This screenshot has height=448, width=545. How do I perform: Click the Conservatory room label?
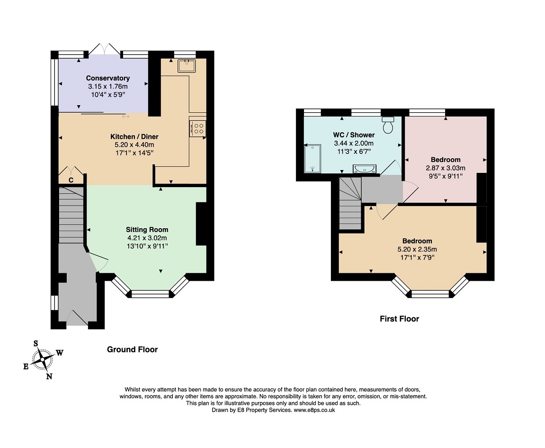[108, 78]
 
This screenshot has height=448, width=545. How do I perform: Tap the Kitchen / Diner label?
[134, 136]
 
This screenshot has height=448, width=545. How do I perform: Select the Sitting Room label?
[147, 230]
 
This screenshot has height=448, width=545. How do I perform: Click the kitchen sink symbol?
[187, 66]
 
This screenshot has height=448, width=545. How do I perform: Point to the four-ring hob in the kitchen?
[198, 128]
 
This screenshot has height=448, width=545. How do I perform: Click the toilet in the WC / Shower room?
[388, 125]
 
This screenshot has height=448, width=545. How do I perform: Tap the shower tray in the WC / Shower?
[313, 159]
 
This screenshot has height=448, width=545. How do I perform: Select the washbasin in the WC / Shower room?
[364, 169]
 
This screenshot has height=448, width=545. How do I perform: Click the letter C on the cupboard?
[71, 180]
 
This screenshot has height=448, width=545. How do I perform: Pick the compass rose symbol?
[43, 359]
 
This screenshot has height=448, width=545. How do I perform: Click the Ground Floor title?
[133, 349]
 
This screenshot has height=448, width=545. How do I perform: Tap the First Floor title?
[399, 319]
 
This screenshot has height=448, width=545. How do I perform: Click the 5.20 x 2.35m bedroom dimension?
[417, 249]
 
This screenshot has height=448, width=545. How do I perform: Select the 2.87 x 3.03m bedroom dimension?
[446, 168]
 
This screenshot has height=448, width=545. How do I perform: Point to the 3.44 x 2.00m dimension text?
[354, 143]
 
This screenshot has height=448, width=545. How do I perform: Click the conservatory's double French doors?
[104, 49]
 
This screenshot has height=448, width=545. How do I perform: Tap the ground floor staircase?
[71, 215]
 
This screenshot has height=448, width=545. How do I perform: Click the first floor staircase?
[350, 203]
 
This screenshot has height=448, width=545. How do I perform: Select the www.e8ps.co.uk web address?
[314, 410]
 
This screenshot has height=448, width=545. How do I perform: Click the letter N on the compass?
[49, 376]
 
